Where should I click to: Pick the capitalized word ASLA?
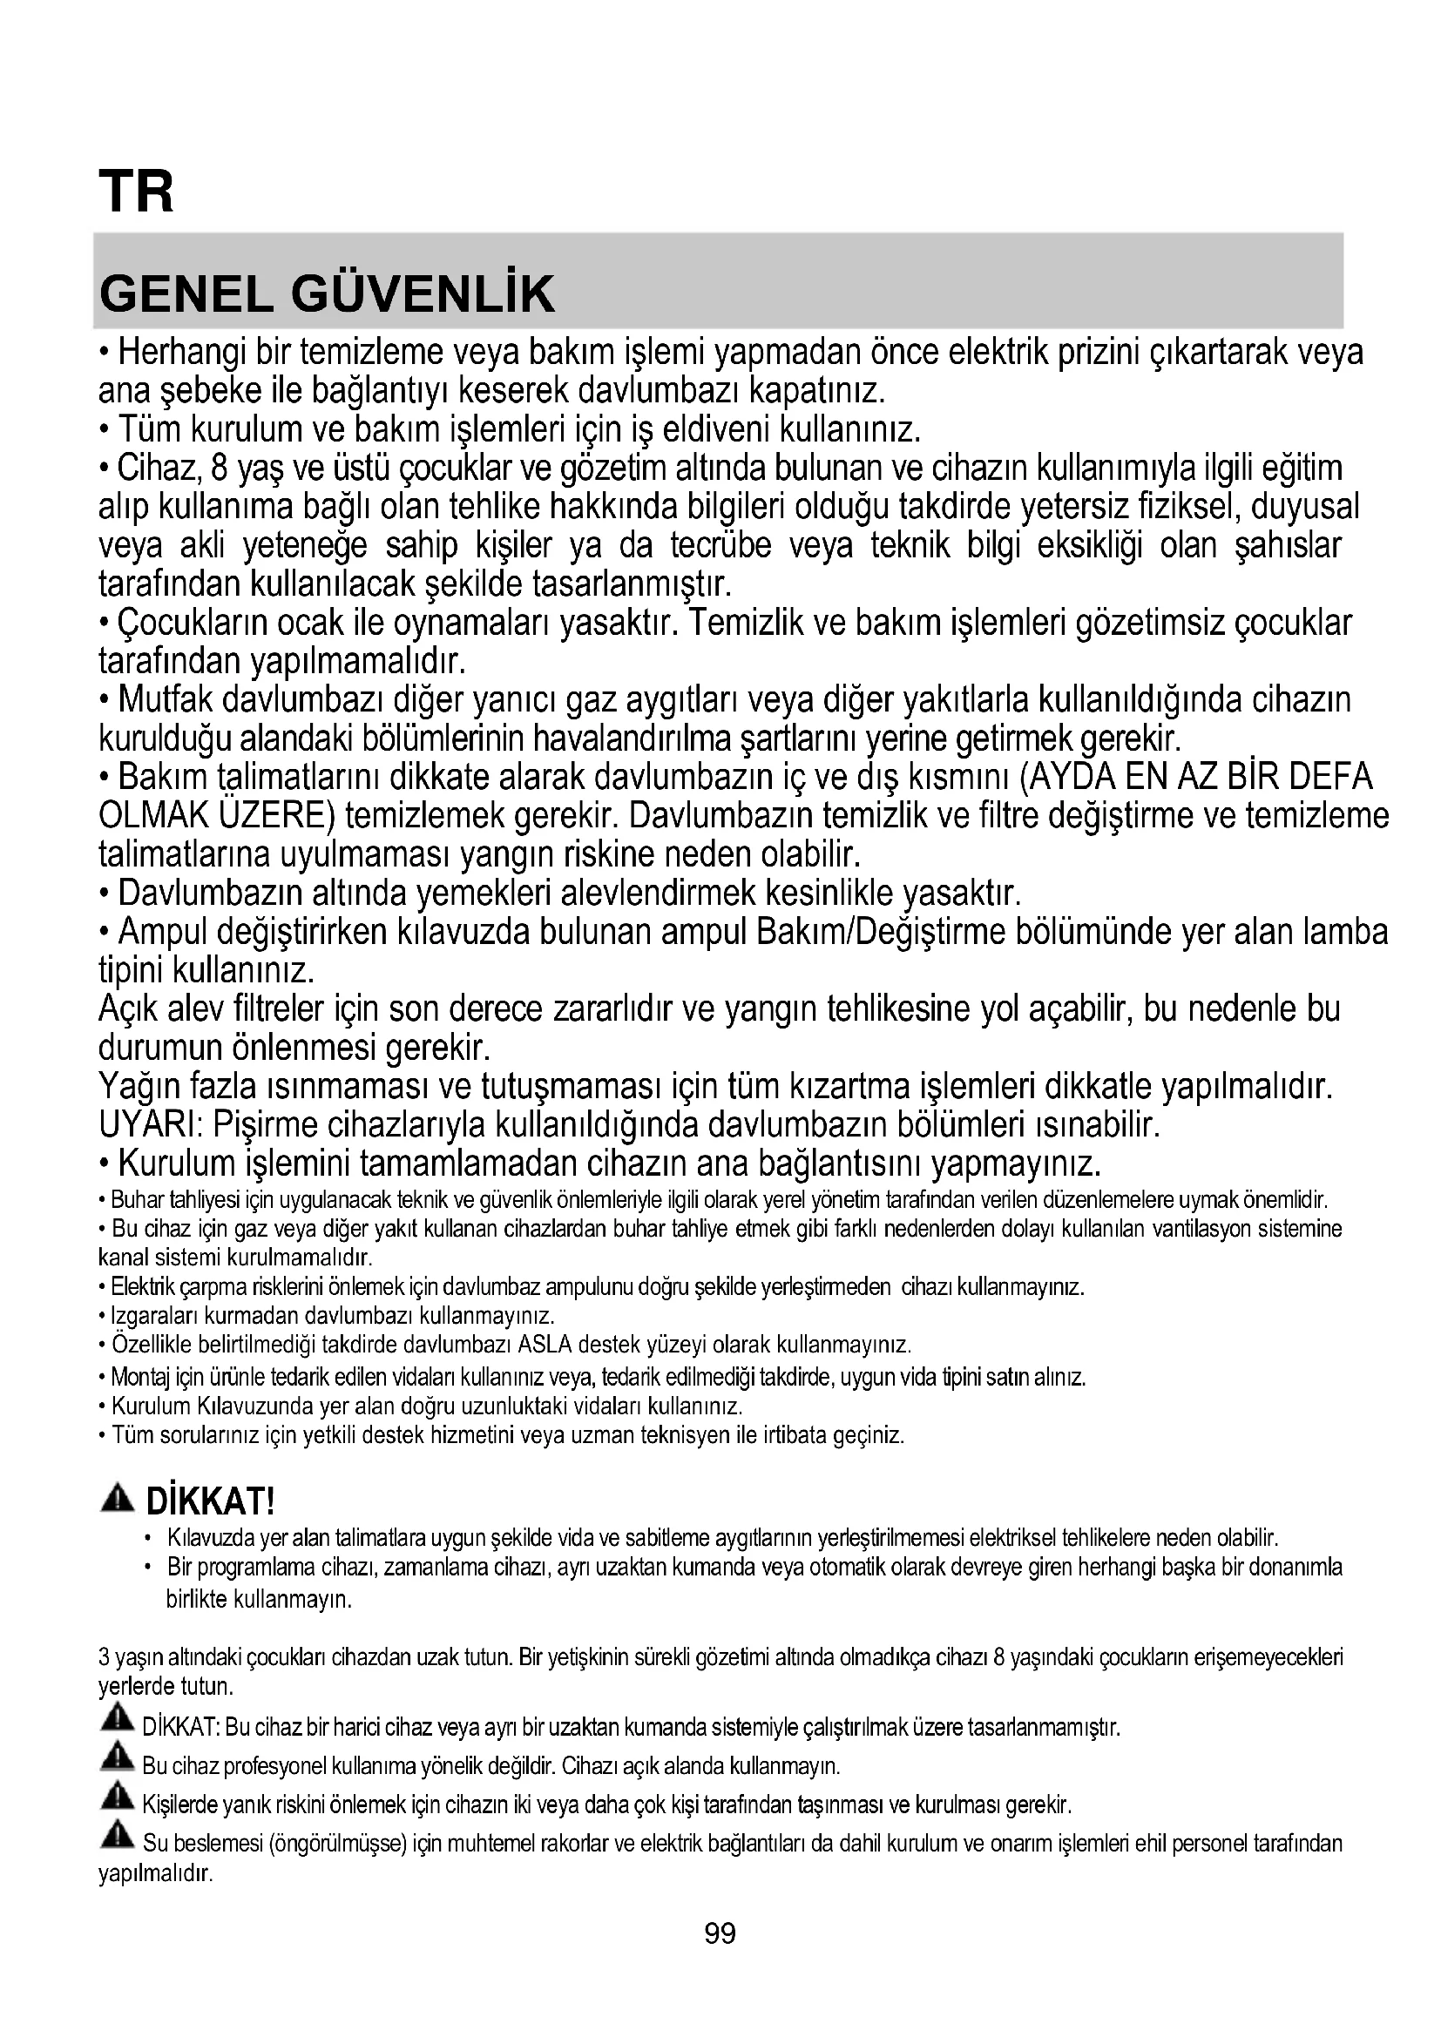click(x=543, y=1345)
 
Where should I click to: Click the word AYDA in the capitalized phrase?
click(x=1072, y=777)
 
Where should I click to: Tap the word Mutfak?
click(x=166, y=700)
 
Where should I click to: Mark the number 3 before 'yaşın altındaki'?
click(x=104, y=1657)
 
